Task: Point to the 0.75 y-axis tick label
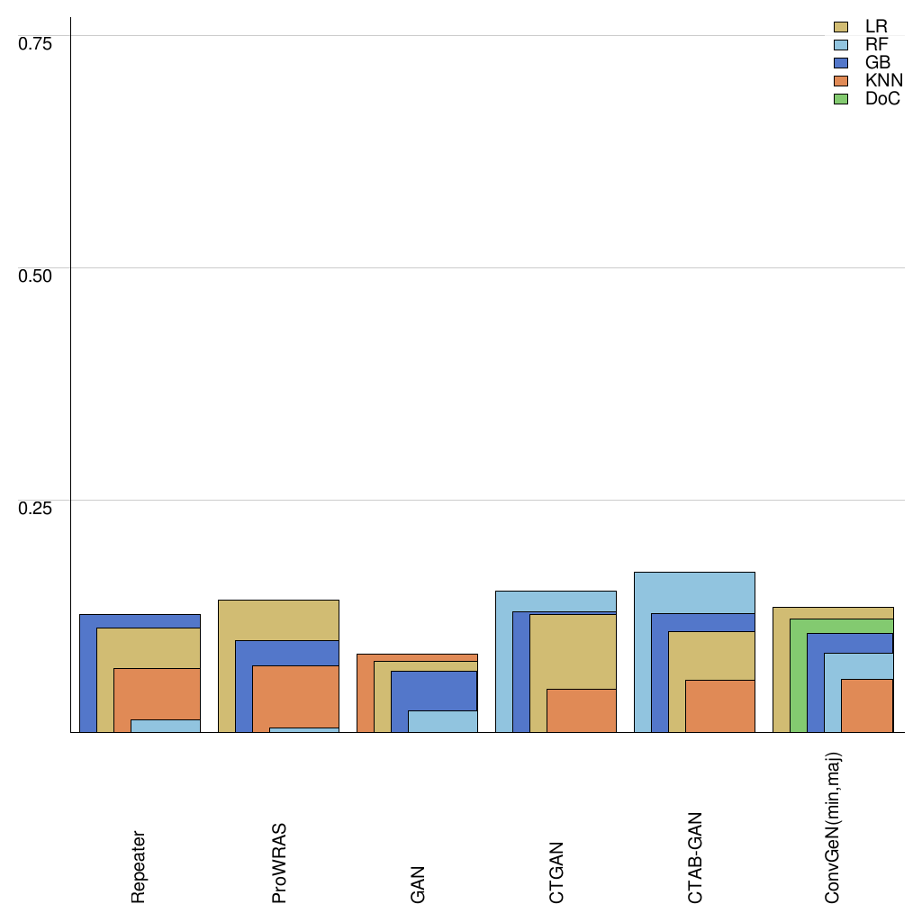pyautogui.click(x=36, y=42)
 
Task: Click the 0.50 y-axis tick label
pyautogui.click(x=36, y=275)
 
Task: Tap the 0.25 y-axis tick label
pyautogui.click(x=36, y=507)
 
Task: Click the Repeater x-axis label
pyautogui.click(x=139, y=866)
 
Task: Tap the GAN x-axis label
pyautogui.click(x=418, y=885)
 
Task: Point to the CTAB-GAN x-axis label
pyautogui.click(x=695, y=857)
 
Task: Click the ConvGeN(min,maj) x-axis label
pyautogui.click(x=834, y=827)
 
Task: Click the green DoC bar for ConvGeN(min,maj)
pyautogui.click(x=798, y=675)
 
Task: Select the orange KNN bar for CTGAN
pyautogui.click(x=582, y=710)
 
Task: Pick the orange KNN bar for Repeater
pyautogui.click(x=157, y=693)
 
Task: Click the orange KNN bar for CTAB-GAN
pyautogui.click(x=720, y=706)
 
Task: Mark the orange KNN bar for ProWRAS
pyautogui.click(x=295, y=696)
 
